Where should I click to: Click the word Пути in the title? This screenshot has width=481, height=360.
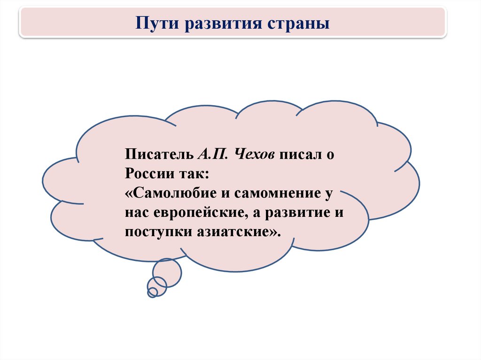pyautogui.click(x=157, y=23)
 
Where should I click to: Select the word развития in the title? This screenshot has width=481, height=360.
pyautogui.click(x=223, y=24)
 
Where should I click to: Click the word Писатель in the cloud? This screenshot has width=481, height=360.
pyautogui.click(x=159, y=154)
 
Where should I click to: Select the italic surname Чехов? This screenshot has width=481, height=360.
pyautogui.click(x=254, y=154)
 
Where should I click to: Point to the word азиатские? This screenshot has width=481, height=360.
pyautogui.click(x=233, y=232)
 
